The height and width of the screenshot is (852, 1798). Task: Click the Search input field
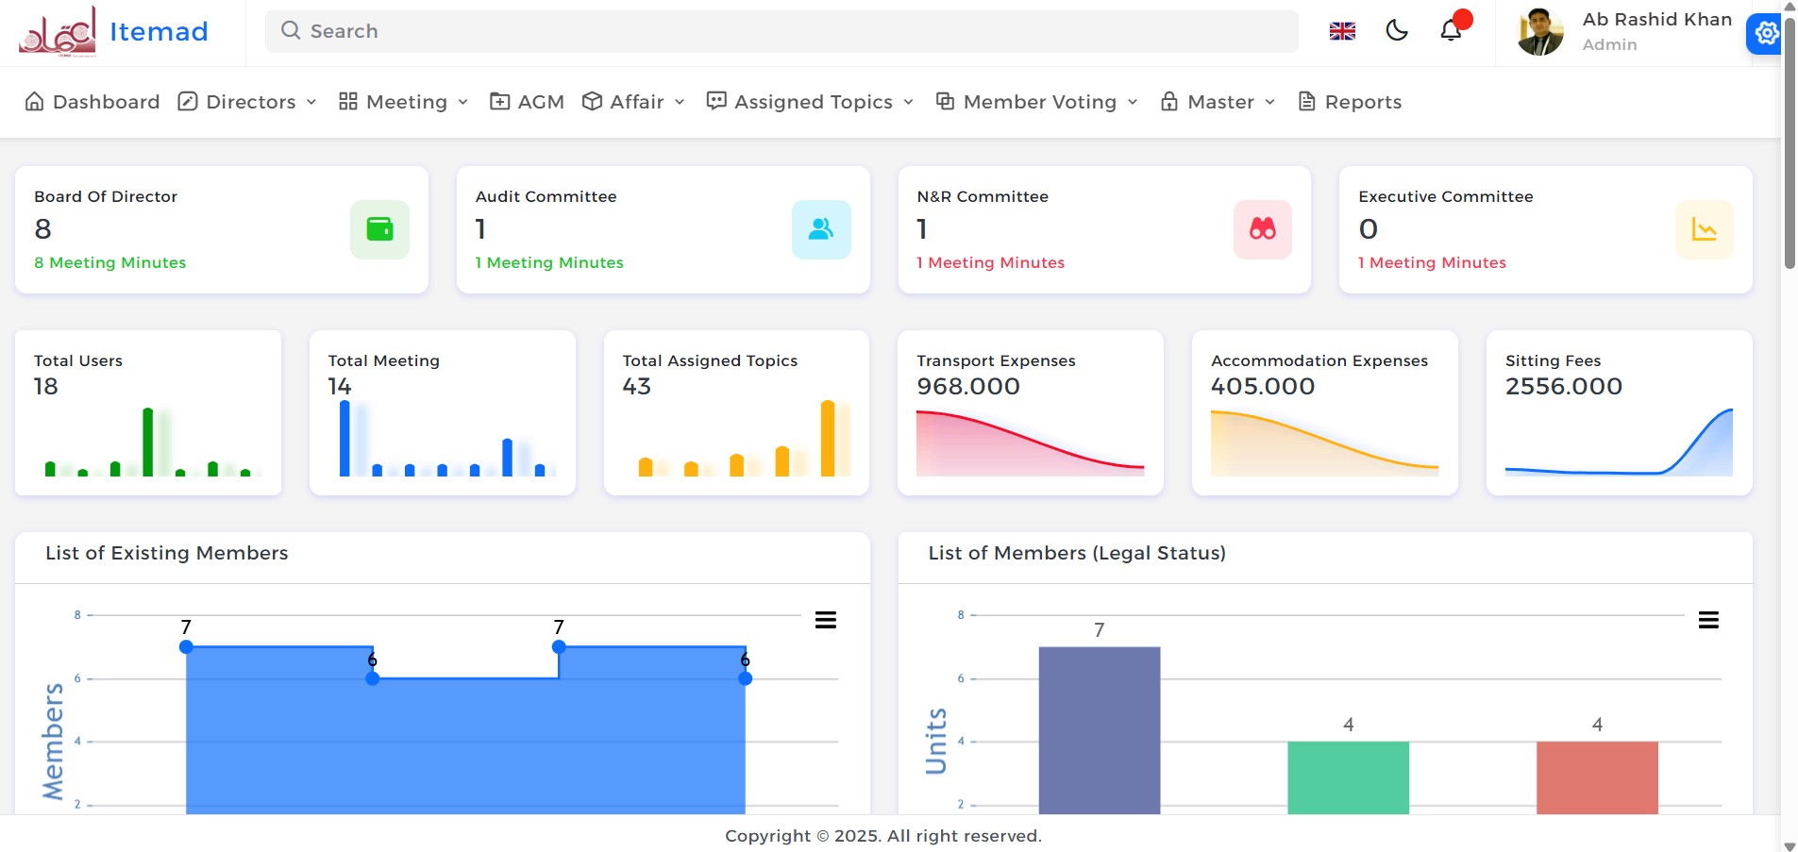[x=781, y=31]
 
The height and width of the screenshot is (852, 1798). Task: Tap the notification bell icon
[x=1451, y=31]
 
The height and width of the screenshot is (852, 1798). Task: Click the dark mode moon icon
[x=1397, y=31]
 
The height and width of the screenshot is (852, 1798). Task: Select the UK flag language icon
[x=1342, y=31]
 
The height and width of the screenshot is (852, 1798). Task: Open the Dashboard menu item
[x=92, y=102]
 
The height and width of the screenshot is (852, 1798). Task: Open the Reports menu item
[x=1350, y=102]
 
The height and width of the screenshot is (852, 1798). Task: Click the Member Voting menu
[x=1036, y=102]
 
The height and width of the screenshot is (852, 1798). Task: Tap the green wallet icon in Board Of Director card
[x=379, y=229]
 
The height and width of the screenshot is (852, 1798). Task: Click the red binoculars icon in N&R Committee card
[x=1262, y=229]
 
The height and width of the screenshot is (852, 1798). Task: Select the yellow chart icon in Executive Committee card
[x=1704, y=229]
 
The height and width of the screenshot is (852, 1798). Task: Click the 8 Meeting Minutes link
[x=110, y=262]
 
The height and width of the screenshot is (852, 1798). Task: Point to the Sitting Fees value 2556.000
[x=1563, y=386]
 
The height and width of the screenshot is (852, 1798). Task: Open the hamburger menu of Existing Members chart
[x=826, y=620]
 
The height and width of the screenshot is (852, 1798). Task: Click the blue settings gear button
[x=1766, y=34]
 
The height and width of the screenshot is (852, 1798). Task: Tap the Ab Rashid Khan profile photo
[x=1539, y=32]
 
